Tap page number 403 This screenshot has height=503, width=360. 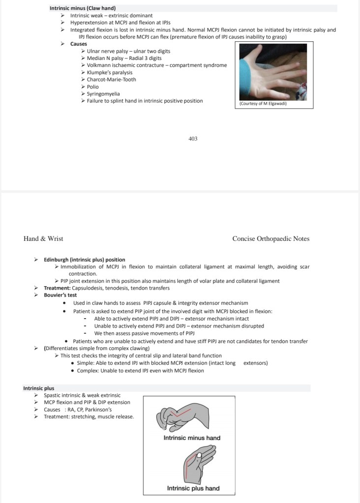(193, 139)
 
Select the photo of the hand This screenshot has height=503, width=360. (273, 72)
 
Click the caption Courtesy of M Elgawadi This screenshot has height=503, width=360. (263, 104)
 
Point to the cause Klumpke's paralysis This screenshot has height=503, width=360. (106, 72)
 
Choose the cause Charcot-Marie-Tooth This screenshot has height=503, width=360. (111, 80)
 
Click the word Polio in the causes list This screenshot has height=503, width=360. (92, 87)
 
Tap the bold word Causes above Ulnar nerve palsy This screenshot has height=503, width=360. (79, 44)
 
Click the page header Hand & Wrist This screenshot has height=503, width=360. (43, 239)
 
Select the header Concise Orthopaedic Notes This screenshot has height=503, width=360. (270, 239)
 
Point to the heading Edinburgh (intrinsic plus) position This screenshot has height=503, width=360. (84, 260)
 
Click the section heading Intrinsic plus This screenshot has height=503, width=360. (38, 388)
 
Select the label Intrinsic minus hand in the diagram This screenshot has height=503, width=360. (192, 438)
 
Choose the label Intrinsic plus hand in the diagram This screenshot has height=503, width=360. (193, 488)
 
